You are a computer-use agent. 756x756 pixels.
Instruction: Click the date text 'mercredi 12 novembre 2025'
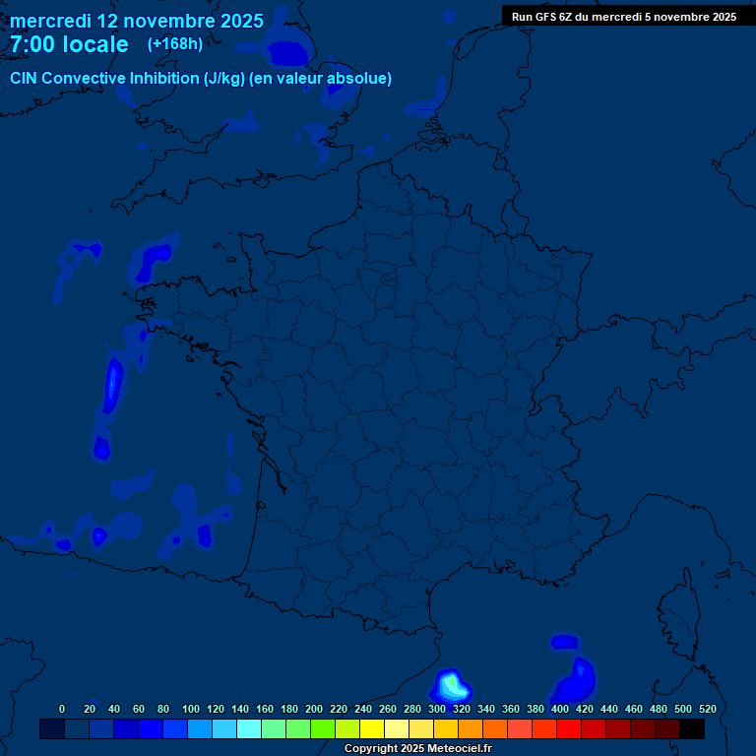(x=136, y=21)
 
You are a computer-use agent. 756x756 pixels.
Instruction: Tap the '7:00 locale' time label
(x=69, y=44)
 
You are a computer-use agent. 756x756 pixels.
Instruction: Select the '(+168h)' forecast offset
(x=174, y=44)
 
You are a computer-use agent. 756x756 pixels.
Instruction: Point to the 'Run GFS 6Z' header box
(x=623, y=16)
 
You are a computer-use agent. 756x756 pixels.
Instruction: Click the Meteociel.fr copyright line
(x=417, y=748)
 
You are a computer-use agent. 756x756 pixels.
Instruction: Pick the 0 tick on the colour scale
(x=62, y=709)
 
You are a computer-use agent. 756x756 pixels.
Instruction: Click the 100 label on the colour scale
(x=191, y=709)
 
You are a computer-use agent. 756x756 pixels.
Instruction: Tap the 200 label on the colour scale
(x=314, y=709)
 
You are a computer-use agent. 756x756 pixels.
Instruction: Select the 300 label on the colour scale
(x=437, y=709)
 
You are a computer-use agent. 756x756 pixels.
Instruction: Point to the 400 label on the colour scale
(x=560, y=709)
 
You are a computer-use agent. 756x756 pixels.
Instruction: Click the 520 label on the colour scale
(x=708, y=709)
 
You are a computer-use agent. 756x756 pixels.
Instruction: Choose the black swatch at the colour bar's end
(x=692, y=728)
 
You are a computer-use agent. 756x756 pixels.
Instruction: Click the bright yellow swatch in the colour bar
(x=371, y=728)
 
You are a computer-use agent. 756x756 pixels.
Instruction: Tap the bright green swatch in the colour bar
(x=322, y=728)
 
